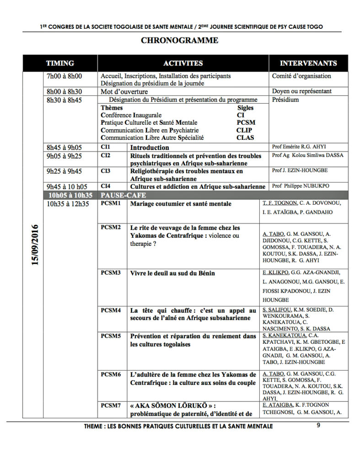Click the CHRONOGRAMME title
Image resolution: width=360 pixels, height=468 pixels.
point(179,40)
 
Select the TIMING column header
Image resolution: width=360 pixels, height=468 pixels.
point(60,64)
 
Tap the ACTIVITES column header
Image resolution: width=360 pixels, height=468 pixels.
point(183,64)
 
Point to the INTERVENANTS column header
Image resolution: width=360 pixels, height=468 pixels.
point(308,64)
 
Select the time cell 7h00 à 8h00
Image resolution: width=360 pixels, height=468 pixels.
point(64,76)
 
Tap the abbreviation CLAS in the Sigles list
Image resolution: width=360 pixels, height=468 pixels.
point(245,138)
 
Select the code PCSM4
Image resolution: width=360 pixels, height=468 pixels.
point(111,310)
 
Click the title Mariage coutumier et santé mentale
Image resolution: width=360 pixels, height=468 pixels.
point(181,204)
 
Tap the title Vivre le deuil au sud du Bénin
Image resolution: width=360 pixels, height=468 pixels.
point(172,273)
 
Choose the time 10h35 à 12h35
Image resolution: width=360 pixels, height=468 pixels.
point(68,204)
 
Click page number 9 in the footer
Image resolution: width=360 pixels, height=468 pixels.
point(319,425)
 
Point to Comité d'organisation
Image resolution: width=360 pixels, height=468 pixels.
point(301,76)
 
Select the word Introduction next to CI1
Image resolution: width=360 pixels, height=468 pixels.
point(150,148)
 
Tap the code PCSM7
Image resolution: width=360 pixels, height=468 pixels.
point(111,405)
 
